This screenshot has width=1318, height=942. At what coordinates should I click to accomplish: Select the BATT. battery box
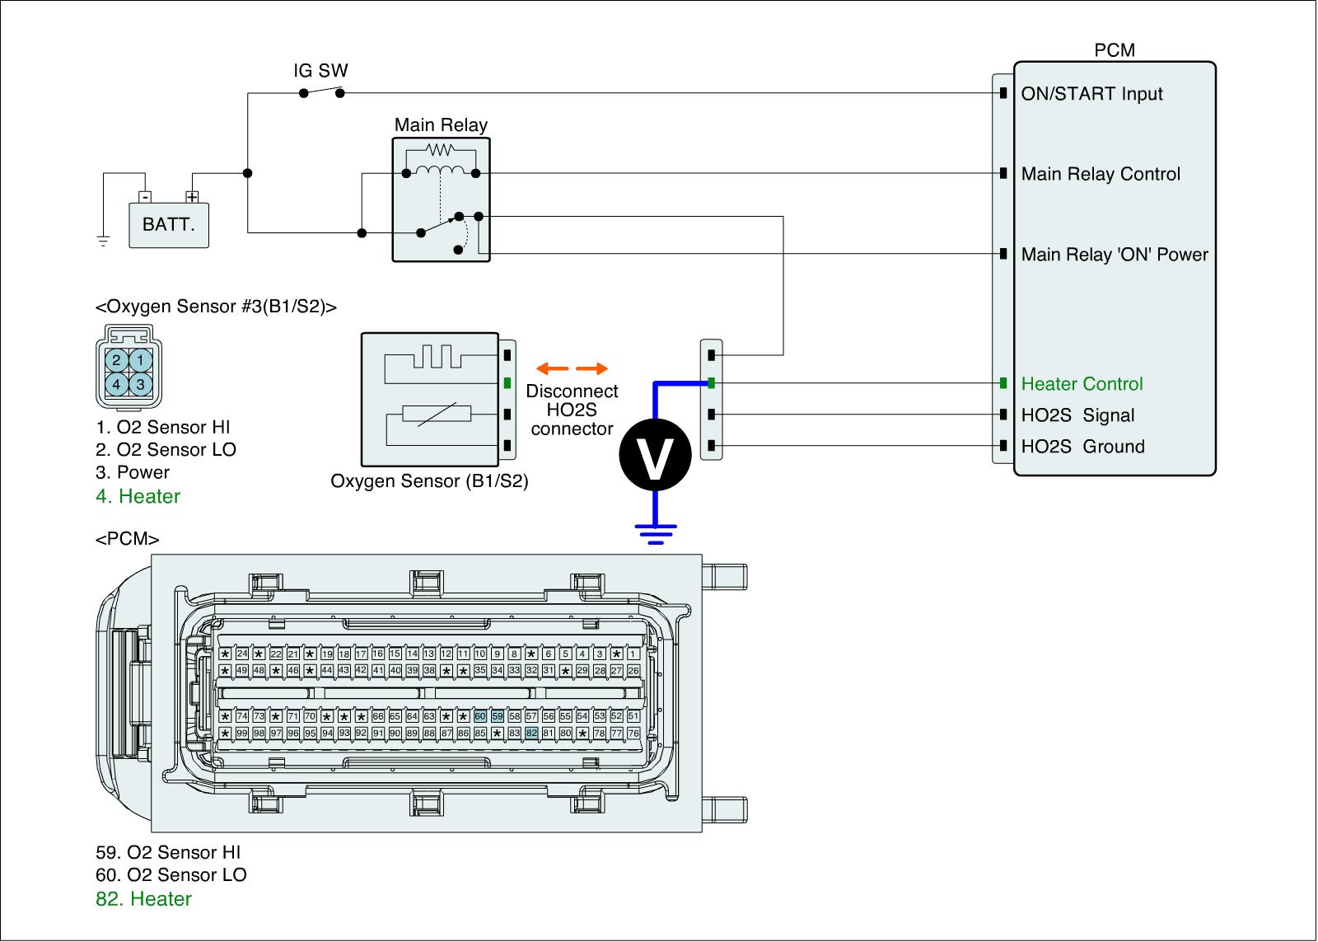pyautogui.click(x=169, y=224)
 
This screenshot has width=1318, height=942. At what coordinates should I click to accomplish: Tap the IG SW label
pyautogui.click(x=315, y=71)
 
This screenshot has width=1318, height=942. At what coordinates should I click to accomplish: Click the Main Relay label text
pyautogui.click(x=441, y=125)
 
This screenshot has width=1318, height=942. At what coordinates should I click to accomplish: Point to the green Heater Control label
pyautogui.click(x=1082, y=384)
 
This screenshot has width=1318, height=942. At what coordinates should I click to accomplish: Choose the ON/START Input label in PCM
pyautogui.click(x=1091, y=94)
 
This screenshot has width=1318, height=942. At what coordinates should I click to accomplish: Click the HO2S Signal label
pyautogui.click(x=1077, y=415)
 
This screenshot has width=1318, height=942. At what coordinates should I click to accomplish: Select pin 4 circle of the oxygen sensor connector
pyautogui.click(x=117, y=384)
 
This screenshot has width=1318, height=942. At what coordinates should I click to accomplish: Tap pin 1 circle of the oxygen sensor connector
pyautogui.click(x=141, y=360)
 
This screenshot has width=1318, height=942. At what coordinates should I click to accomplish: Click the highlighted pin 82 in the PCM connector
pyautogui.click(x=531, y=733)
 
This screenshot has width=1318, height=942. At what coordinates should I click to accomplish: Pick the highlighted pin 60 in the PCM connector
pyautogui.click(x=480, y=716)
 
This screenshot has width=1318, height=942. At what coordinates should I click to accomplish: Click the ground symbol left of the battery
pyautogui.click(x=103, y=241)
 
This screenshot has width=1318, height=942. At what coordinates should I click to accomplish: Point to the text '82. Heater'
pyautogui.click(x=144, y=899)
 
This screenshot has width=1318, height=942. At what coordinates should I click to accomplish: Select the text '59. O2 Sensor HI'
pyautogui.click(x=168, y=853)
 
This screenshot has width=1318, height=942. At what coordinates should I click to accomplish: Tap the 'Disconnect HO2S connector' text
pyautogui.click(x=572, y=410)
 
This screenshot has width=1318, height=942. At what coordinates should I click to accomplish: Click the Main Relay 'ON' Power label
pyautogui.click(x=1114, y=255)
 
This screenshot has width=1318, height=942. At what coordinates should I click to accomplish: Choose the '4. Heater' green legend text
pyautogui.click(x=138, y=496)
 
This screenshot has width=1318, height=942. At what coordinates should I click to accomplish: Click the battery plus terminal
pyautogui.click(x=192, y=197)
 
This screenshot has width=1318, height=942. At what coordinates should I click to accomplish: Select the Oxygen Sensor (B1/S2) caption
pyautogui.click(x=429, y=480)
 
